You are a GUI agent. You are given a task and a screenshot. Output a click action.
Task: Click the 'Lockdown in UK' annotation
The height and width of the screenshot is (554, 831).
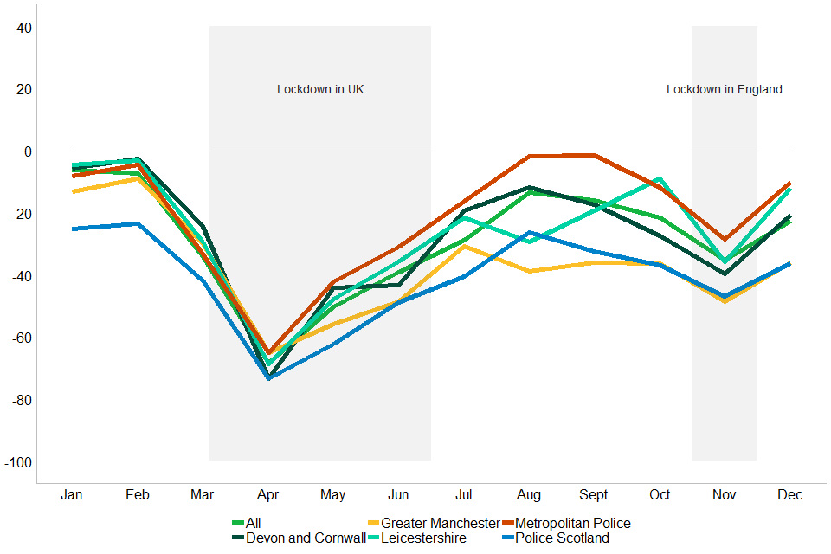point(320,89)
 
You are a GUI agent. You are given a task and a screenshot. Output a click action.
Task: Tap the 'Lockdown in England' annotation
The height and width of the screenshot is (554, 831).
point(724,89)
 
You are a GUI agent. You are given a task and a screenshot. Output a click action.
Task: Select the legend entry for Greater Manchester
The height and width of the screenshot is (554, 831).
point(440,523)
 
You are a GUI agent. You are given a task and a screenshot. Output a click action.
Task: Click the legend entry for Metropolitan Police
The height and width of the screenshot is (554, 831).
point(572,523)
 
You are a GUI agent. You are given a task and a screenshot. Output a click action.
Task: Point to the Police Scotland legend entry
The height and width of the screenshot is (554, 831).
point(562,538)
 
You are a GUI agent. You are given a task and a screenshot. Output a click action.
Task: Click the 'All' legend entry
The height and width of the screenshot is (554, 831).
point(253,523)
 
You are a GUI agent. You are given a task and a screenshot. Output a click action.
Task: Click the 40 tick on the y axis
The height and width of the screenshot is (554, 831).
point(23,28)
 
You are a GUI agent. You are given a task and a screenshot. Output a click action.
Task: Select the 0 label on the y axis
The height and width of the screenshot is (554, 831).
point(28,151)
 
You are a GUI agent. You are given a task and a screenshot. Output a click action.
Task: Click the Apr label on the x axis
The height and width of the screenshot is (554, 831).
point(267,495)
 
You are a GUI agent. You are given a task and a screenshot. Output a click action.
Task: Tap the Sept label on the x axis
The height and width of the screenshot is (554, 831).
point(594,495)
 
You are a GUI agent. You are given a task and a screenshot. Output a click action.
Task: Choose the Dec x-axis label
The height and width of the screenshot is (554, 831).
point(789,495)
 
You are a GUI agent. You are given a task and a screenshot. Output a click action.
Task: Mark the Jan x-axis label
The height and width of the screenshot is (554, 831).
point(72,495)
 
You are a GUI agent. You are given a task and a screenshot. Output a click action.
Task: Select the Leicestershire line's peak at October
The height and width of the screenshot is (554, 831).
point(660,178)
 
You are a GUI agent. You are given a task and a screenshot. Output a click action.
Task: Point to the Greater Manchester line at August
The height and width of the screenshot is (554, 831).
point(528,271)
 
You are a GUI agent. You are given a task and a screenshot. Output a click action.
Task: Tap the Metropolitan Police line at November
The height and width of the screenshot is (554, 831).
point(725,239)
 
